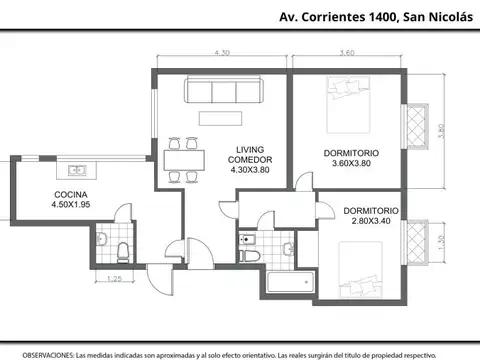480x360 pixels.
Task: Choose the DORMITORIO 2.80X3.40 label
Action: tap(371, 217)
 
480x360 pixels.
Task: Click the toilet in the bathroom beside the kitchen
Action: tap(120, 247)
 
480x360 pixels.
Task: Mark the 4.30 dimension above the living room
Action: tap(220, 53)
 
